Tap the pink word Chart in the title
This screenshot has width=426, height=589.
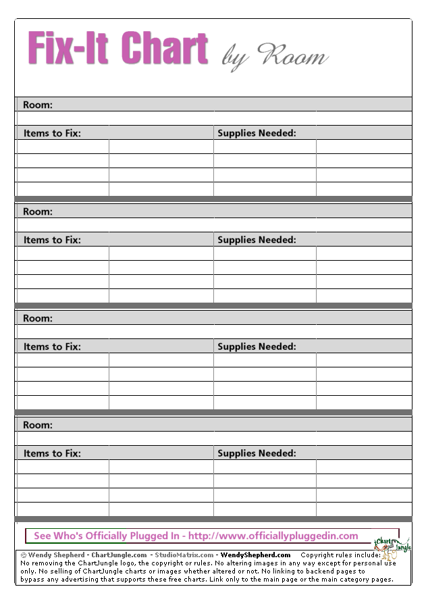click(x=165, y=49)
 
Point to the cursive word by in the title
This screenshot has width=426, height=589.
click(x=234, y=58)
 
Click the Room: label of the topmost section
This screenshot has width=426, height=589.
click(x=38, y=105)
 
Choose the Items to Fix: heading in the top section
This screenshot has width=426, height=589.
click(x=52, y=133)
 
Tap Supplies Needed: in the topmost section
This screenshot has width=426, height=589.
click(x=257, y=133)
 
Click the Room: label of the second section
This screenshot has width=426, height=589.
click(x=38, y=211)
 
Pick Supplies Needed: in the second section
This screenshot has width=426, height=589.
click(x=257, y=240)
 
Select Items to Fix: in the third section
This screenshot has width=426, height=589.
click(x=52, y=347)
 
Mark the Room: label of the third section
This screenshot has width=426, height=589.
click(x=38, y=318)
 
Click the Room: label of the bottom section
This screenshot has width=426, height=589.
click(x=38, y=425)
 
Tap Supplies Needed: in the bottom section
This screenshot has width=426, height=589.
click(x=257, y=453)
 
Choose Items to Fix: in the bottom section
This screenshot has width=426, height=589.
click(x=52, y=453)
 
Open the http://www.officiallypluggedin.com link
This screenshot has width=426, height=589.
click(x=273, y=536)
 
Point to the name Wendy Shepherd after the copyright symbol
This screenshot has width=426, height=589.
click(x=57, y=555)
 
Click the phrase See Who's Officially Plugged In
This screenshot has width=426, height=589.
click(x=107, y=536)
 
